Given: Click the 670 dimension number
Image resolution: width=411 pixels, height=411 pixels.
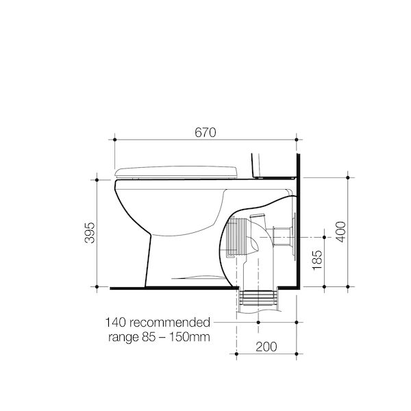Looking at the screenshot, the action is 206,132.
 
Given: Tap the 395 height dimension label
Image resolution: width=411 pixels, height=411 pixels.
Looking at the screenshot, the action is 90,233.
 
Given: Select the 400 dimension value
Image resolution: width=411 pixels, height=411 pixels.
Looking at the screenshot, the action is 340,232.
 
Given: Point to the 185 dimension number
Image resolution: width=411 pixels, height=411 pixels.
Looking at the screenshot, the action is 317,260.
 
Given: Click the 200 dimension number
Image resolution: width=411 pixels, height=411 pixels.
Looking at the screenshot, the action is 266,347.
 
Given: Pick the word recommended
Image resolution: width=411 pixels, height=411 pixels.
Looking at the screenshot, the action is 170,323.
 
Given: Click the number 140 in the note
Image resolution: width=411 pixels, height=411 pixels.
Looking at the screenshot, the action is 116,323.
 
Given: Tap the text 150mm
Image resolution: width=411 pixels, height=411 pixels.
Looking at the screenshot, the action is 189,337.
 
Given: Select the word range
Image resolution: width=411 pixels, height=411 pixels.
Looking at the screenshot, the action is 123,338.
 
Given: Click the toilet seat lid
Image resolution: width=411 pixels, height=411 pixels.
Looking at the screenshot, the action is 176,172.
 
